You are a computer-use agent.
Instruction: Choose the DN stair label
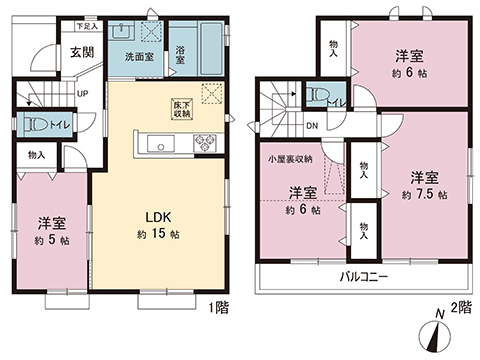click(311, 126)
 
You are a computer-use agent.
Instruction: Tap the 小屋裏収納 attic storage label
click(289, 160)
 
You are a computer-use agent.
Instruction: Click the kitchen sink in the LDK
click(159, 147)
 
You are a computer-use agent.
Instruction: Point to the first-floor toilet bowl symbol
click(33, 127)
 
